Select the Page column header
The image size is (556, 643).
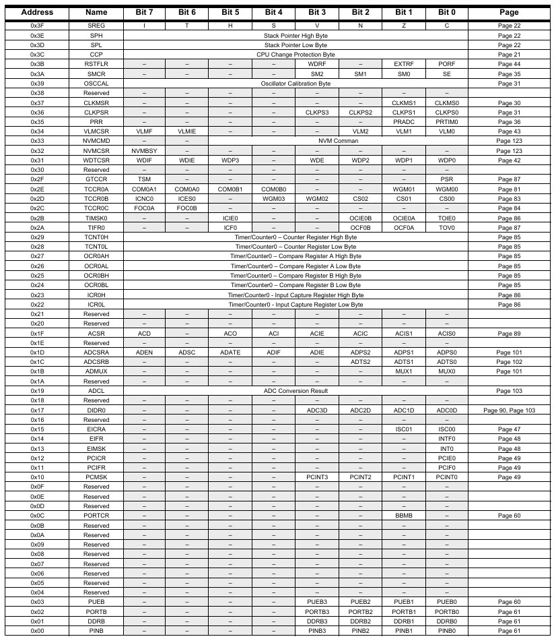click(x=509, y=12)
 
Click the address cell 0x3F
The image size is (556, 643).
click(x=37, y=26)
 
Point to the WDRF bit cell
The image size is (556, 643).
click(x=316, y=64)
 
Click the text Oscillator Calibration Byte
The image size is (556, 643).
click(x=296, y=84)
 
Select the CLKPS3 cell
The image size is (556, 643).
click(x=316, y=112)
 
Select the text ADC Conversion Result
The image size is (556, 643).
click(x=296, y=391)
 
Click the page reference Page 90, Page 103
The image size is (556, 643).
click(x=509, y=410)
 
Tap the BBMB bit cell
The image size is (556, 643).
click(x=403, y=516)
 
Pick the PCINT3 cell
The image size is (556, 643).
click(x=316, y=477)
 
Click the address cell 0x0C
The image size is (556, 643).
click(x=37, y=516)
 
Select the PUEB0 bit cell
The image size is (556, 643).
click(x=446, y=602)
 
